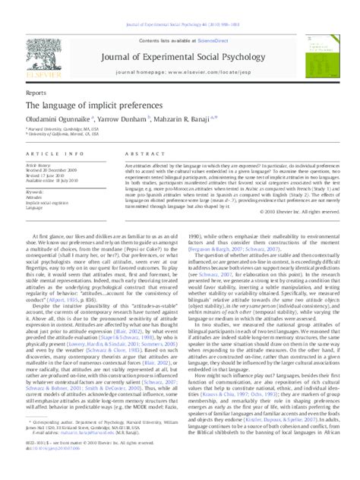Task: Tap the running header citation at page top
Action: (x=180, y=25)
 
